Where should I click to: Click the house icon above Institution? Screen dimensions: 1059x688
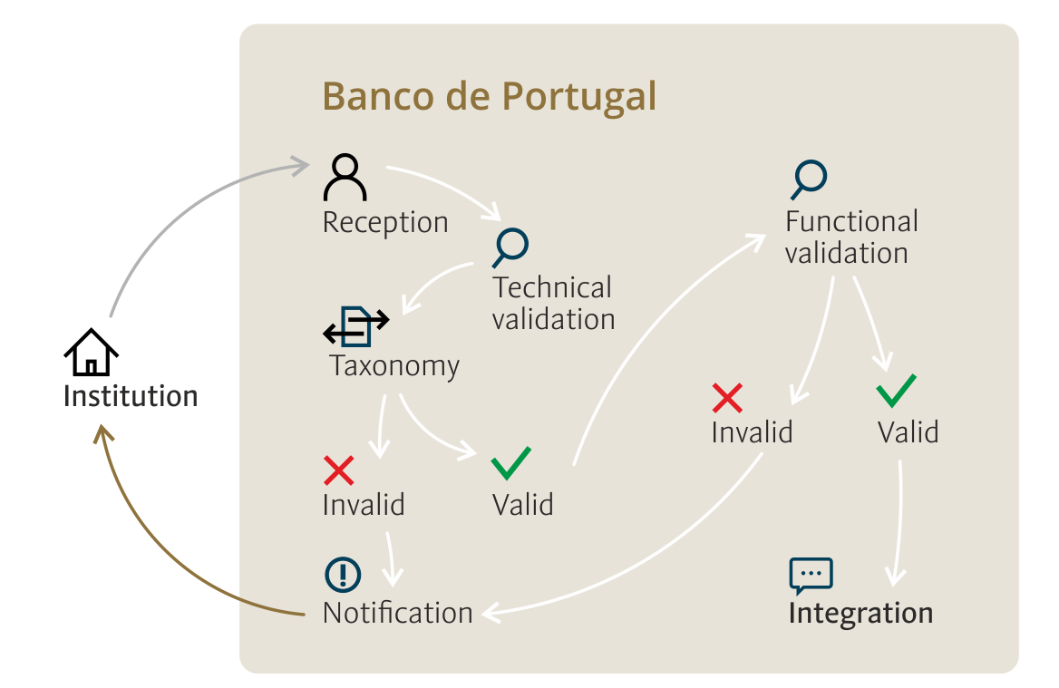(92, 352)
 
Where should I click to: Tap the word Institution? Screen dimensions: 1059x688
(131, 396)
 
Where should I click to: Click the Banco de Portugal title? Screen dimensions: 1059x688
(489, 97)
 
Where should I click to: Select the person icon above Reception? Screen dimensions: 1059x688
(345, 178)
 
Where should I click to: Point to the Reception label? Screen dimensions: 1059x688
(385, 223)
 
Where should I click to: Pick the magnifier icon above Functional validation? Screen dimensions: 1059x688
(809, 179)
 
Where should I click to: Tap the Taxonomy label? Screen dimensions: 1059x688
(394, 366)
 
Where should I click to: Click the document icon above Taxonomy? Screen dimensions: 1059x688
(356, 326)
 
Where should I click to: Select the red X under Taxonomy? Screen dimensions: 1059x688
(339, 470)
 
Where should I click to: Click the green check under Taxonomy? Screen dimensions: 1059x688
(511, 463)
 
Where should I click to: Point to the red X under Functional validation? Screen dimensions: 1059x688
(727, 398)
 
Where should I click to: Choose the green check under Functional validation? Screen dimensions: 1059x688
(896, 391)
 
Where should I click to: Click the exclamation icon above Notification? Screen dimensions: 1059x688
(343, 576)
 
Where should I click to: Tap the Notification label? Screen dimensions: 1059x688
(398, 613)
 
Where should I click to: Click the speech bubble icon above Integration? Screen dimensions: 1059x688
(811, 576)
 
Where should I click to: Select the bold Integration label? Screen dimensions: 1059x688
(861, 614)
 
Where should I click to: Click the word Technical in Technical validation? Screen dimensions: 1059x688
(552, 287)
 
